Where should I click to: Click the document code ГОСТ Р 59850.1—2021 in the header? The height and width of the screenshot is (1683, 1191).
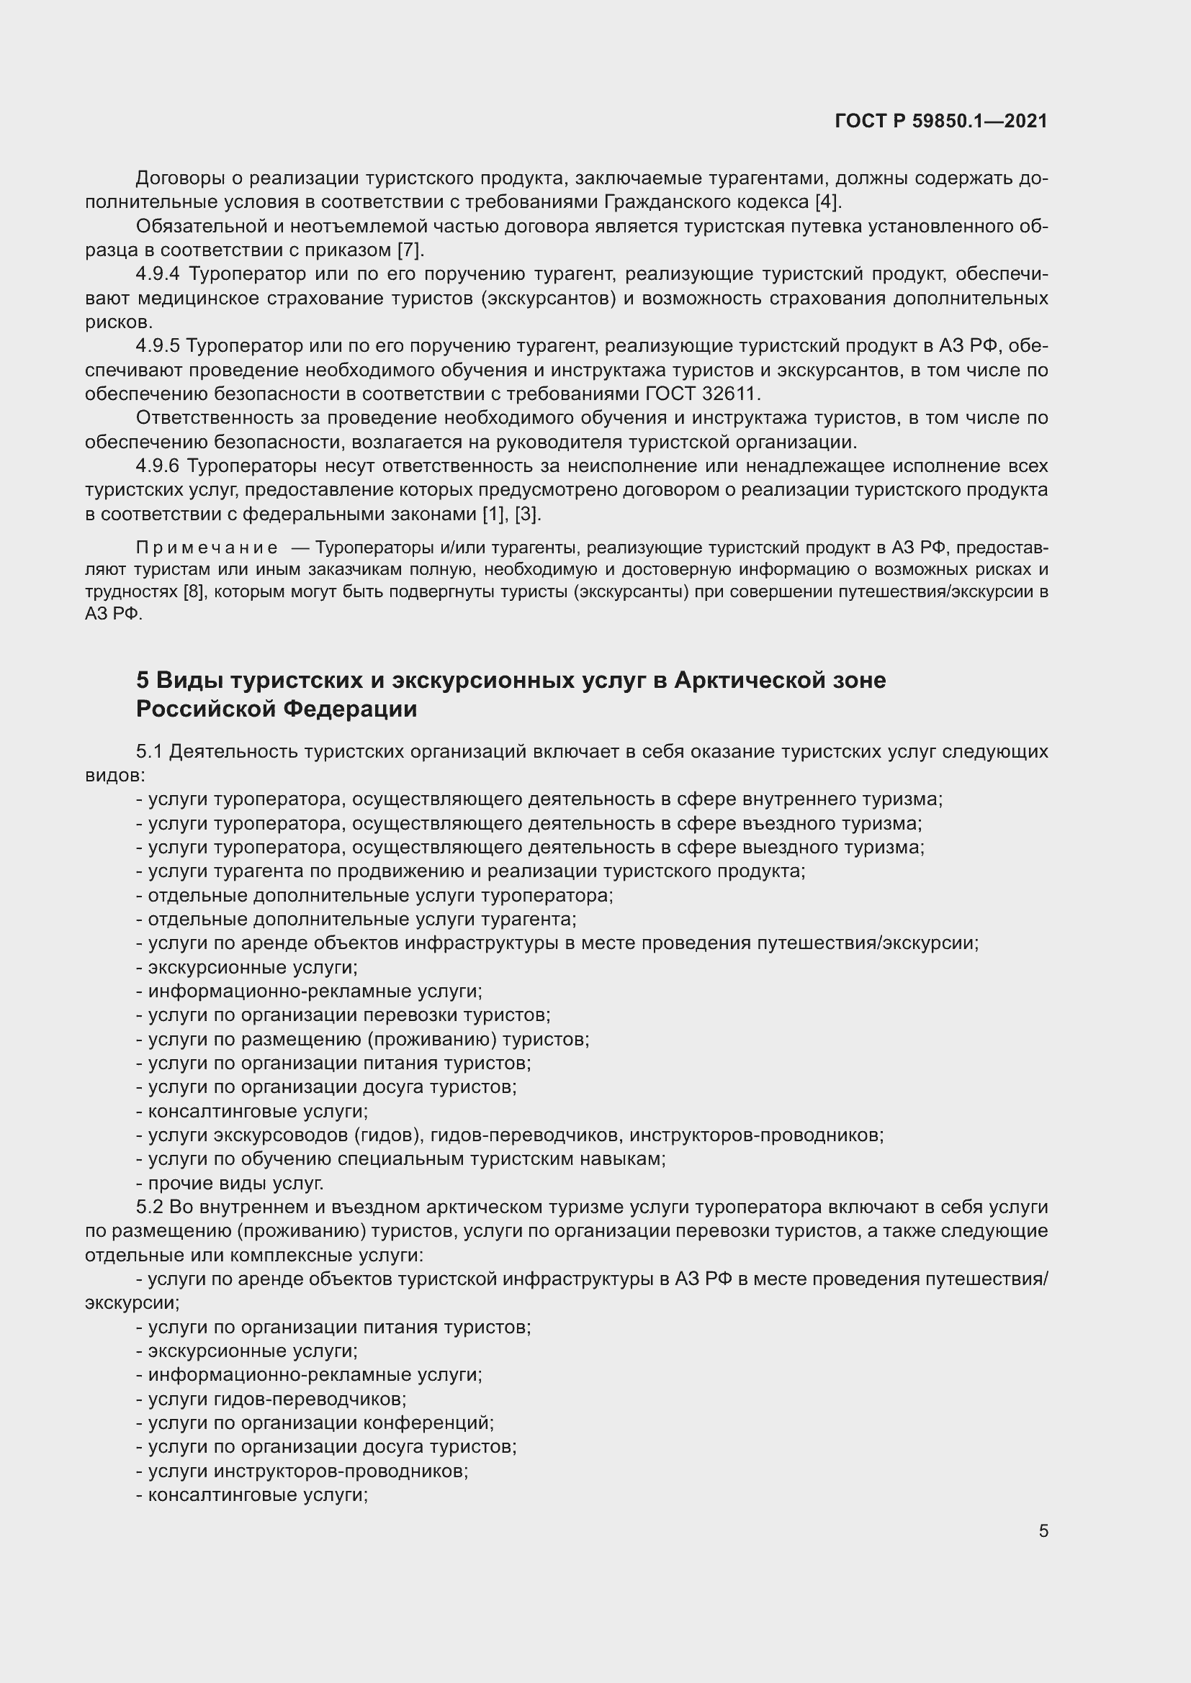(941, 121)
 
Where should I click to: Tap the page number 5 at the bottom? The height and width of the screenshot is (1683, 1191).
(1043, 1530)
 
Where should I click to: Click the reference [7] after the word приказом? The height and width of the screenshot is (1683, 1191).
(409, 250)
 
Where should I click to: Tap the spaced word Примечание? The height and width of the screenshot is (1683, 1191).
(207, 548)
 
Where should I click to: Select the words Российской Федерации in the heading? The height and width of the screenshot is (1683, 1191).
(277, 709)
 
